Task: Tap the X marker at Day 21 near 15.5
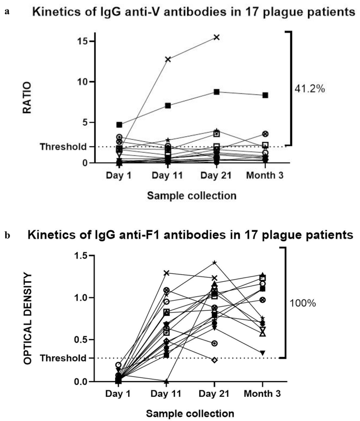click(x=216, y=37)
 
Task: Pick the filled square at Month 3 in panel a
click(x=265, y=95)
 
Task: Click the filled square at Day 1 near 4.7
click(x=119, y=125)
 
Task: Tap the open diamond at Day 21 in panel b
click(x=214, y=360)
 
